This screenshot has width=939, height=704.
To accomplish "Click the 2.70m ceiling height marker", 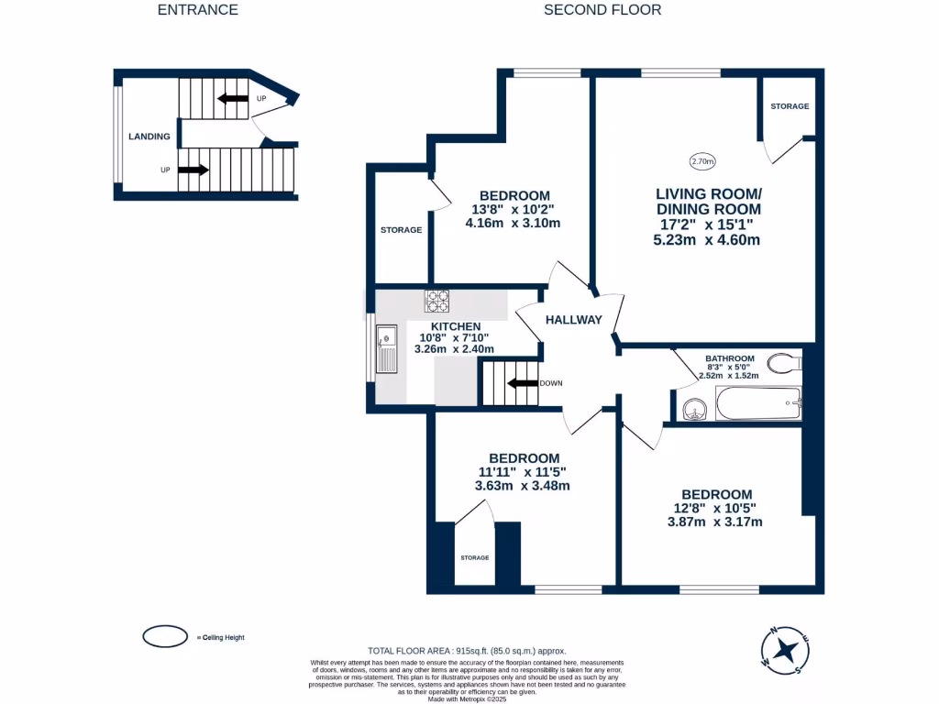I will tap(701, 162).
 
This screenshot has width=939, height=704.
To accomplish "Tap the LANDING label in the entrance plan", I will tap(149, 137).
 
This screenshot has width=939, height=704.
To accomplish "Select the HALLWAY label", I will tap(574, 320).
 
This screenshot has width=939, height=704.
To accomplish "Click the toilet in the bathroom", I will tap(784, 363).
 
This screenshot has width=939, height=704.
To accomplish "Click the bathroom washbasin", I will tap(693, 408).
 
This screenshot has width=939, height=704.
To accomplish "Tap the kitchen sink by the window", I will tap(386, 349).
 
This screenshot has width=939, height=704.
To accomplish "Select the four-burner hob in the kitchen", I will tap(436, 301).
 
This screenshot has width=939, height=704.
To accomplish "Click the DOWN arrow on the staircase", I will tap(523, 384).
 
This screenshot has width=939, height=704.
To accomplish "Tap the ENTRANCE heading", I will tap(197, 10).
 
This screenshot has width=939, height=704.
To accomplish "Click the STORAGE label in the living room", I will tap(790, 106).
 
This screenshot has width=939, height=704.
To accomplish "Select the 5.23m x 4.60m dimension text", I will tap(708, 240).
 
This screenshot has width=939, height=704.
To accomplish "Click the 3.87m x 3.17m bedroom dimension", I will tap(714, 522).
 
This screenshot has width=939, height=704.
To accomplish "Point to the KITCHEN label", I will tap(456, 326).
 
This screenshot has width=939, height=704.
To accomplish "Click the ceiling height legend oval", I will tap(165, 636).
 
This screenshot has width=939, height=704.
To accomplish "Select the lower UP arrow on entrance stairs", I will tap(193, 170).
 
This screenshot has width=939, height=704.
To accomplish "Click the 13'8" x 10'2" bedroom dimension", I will tap(514, 209).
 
